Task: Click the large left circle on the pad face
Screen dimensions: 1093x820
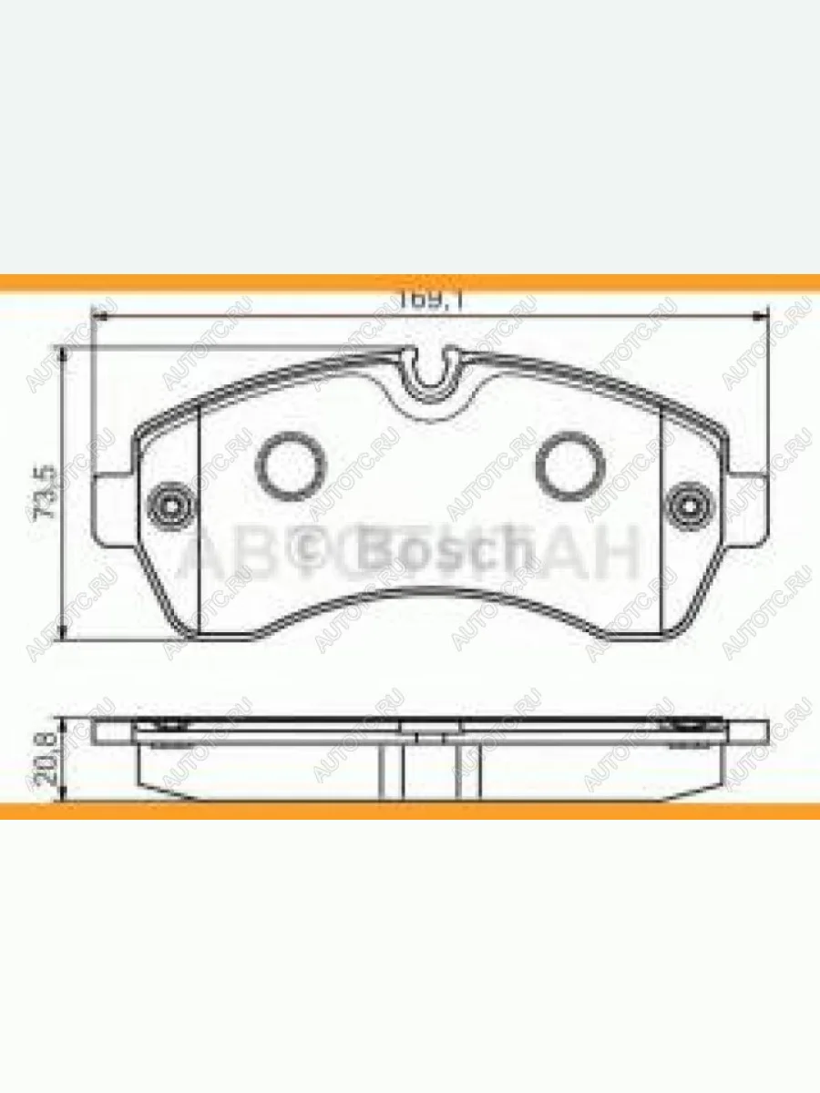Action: [x=291, y=465]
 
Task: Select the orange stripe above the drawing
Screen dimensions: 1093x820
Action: [x=410, y=282]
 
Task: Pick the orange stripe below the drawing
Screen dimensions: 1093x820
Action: [x=410, y=810]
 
